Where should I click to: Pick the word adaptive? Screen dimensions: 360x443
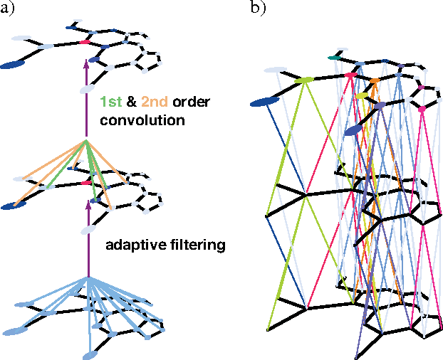point(132,246)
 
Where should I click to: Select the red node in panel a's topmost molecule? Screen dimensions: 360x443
point(85,43)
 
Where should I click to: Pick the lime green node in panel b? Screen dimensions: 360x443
point(305,80)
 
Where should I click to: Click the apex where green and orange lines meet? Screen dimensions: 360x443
point(86,142)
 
